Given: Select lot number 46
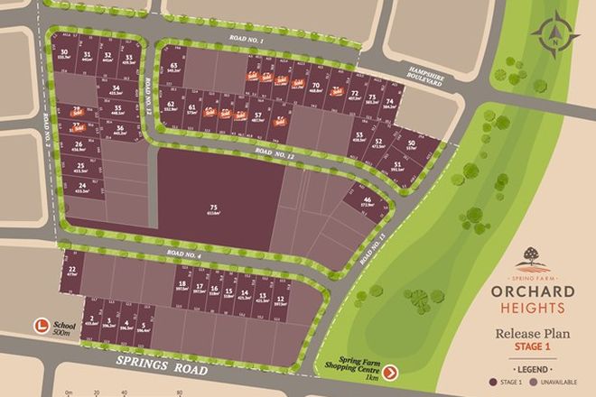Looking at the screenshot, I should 367,201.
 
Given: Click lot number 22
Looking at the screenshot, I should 71,272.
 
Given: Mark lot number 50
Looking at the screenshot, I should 412,146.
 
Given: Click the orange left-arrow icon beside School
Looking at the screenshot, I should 40,326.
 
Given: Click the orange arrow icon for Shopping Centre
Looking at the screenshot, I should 390,372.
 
